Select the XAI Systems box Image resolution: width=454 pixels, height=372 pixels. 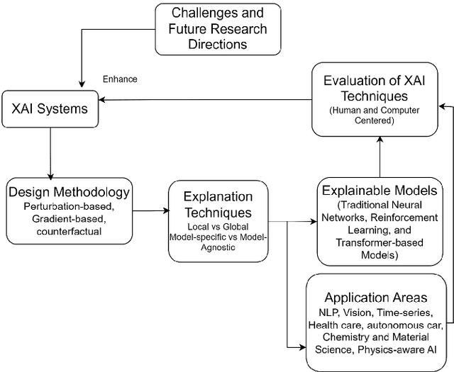click(50, 110)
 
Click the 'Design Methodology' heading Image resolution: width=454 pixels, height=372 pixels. click(68, 191)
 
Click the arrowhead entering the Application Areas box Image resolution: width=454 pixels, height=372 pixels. click(301, 346)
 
